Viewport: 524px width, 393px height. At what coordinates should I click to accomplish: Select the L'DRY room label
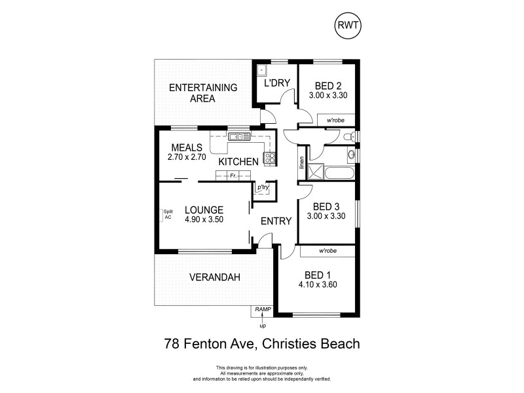(276, 83)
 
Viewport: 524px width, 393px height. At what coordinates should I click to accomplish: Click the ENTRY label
(276, 221)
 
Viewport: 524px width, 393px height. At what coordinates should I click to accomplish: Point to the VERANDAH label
(214, 277)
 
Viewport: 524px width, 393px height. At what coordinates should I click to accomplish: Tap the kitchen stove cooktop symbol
(269, 157)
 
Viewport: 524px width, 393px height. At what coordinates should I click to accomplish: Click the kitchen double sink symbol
(235, 137)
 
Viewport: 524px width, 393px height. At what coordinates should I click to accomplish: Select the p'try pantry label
(264, 188)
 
